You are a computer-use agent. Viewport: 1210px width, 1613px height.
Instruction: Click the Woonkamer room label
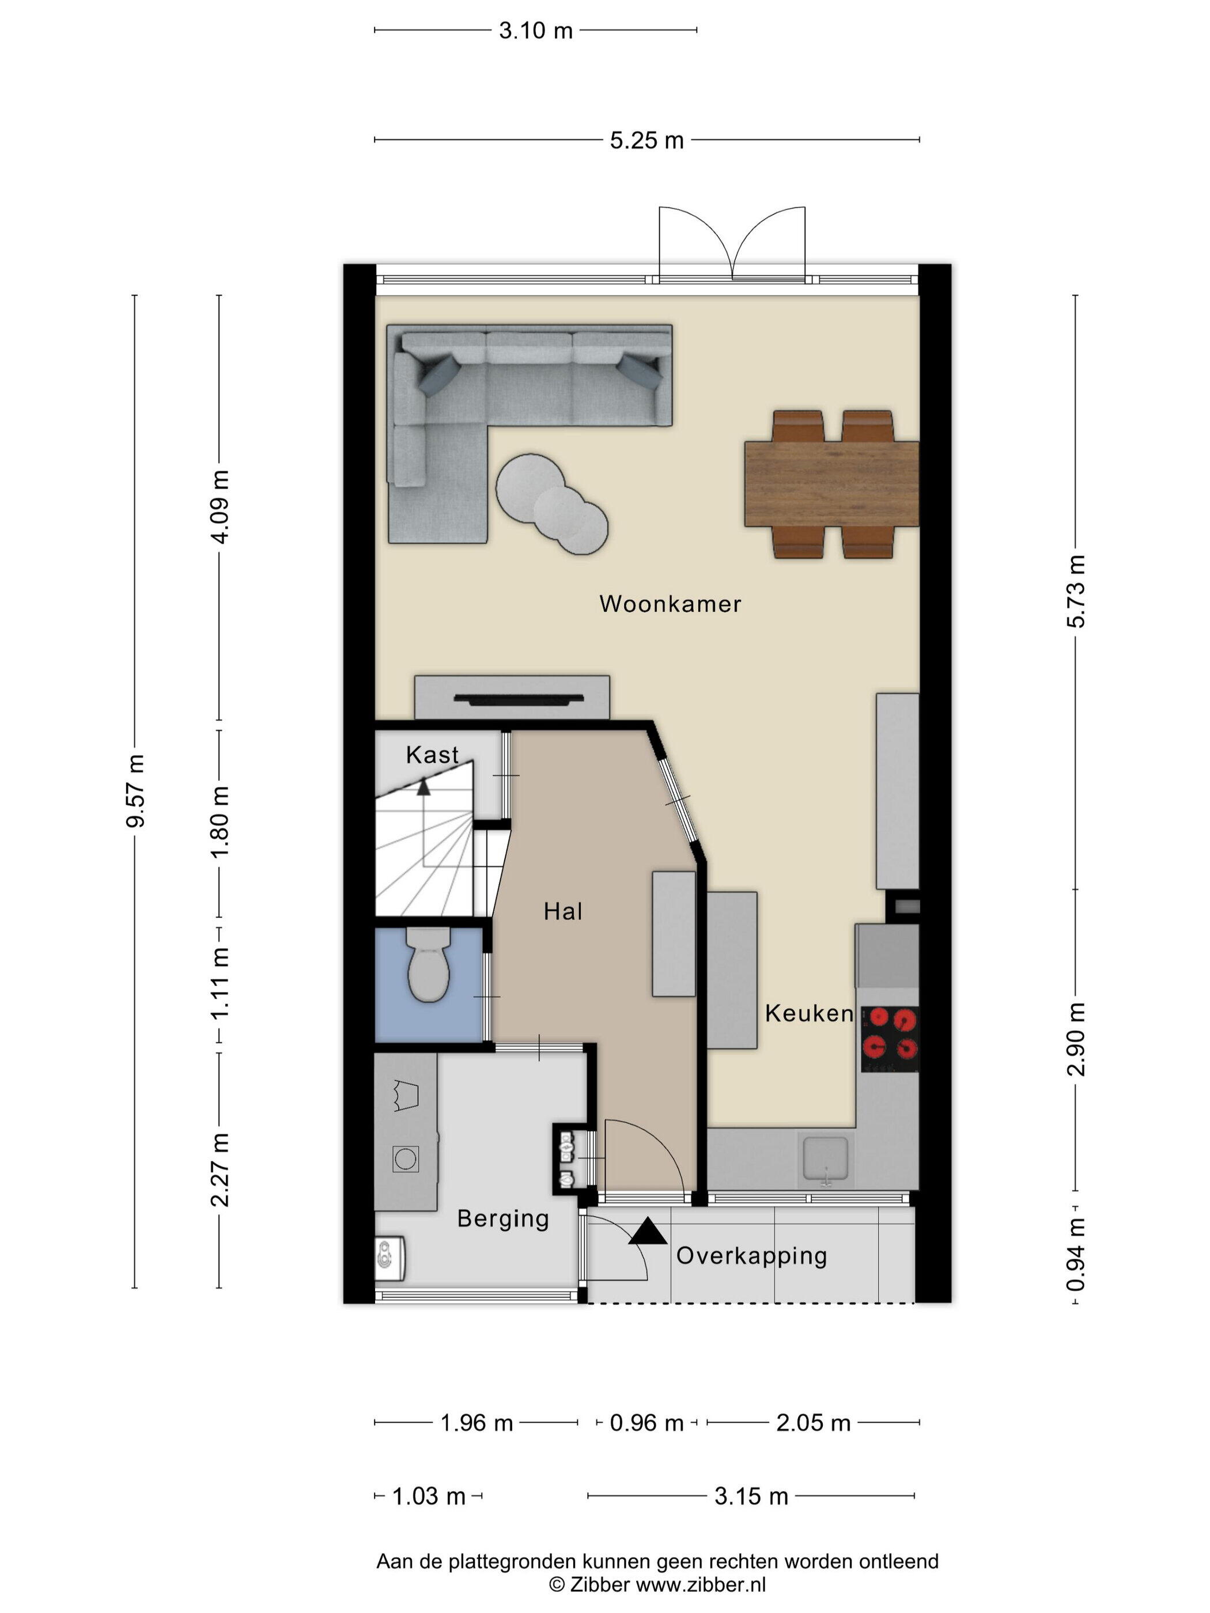670,604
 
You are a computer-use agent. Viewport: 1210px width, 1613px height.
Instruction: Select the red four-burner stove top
889,1039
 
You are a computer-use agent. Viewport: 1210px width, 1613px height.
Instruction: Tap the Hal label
562,911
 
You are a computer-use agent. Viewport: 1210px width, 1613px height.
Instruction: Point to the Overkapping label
751,1256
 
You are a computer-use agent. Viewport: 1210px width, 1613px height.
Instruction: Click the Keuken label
808,1013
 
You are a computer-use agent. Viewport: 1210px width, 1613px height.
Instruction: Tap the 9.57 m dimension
135,790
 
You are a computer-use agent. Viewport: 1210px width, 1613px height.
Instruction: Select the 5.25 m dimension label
646,140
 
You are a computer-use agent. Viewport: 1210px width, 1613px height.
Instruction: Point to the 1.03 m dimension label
429,1496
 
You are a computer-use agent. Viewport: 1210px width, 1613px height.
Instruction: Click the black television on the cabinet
519,699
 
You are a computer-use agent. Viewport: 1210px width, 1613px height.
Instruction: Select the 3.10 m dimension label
535,31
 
